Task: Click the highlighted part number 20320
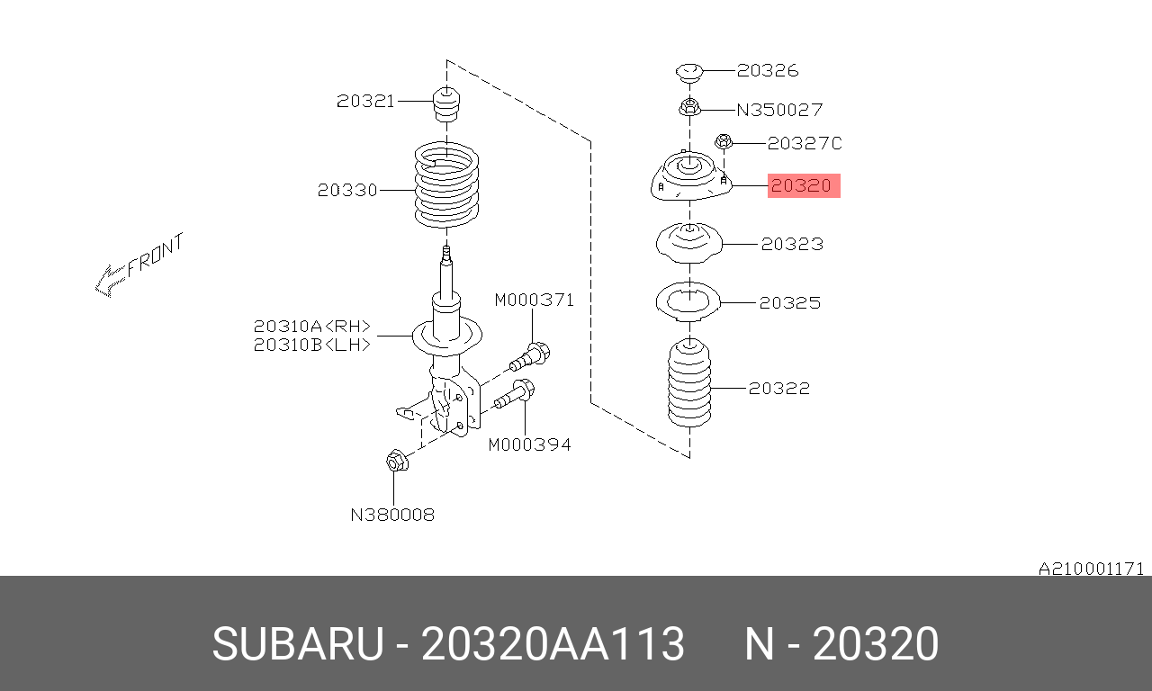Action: [803, 186]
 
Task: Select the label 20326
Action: [767, 70]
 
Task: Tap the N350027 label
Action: [779, 110]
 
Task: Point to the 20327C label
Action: [805, 143]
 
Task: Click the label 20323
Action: [792, 244]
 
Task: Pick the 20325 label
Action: [789, 303]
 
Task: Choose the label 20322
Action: [779, 389]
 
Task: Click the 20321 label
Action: [365, 102]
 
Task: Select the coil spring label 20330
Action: [346, 191]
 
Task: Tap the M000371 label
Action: [534, 300]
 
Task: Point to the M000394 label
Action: [529, 444]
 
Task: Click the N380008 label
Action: [392, 516]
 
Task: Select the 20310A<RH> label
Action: [311, 327]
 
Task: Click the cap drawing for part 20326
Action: [688, 71]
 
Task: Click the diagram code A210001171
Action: [1091, 569]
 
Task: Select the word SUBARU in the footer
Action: [297, 645]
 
